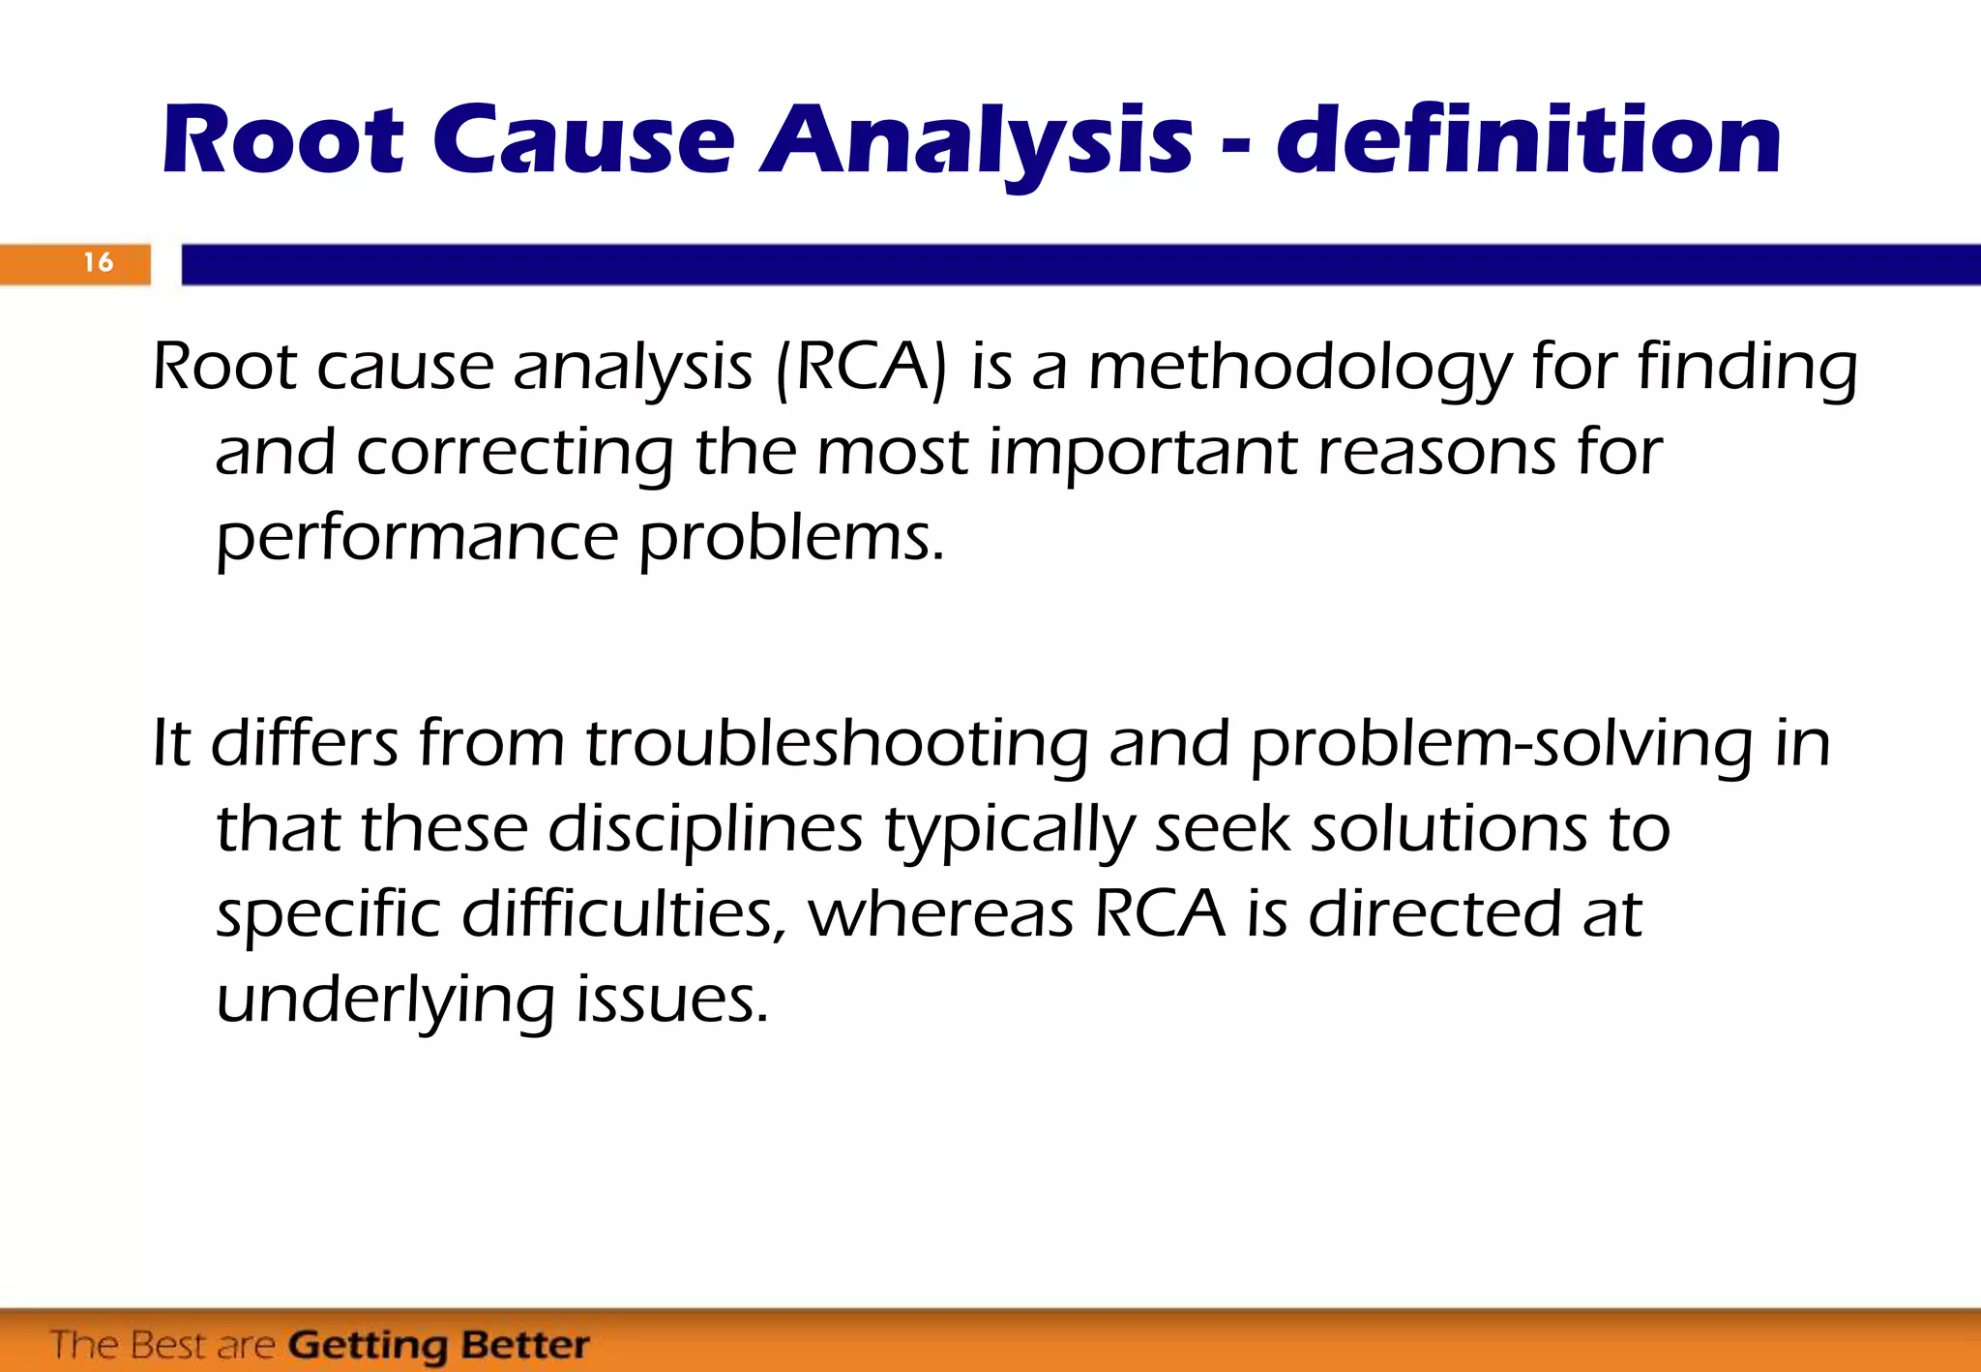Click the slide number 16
coord(98,262)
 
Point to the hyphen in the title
coord(1234,147)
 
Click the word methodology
coord(1299,370)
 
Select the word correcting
coord(514,453)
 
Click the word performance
coord(416,538)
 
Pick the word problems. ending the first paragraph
coord(790,538)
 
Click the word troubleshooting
coord(837,745)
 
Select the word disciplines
coord(705,830)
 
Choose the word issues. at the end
coord(672,999)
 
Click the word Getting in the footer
coord(367,1345)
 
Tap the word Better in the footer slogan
coord(524,1345)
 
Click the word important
coord(1142,453)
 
